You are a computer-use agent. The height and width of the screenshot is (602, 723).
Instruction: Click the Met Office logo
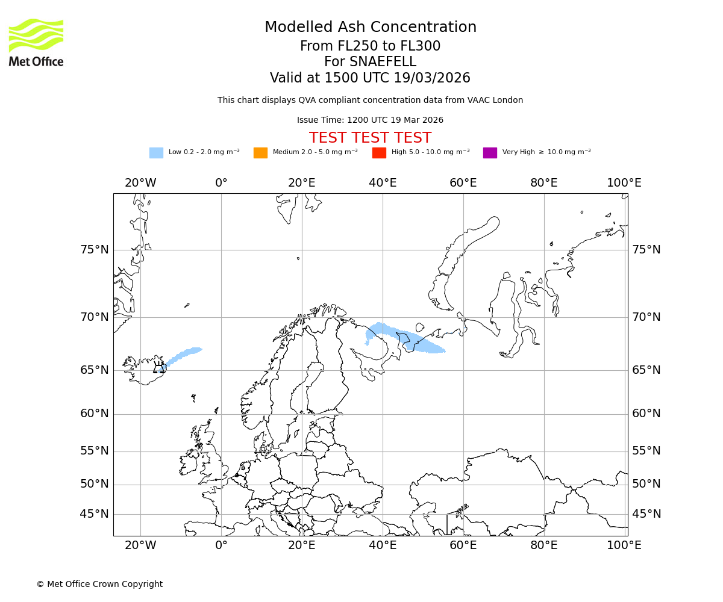tap(36, 42)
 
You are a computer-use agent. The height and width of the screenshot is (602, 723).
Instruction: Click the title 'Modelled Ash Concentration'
tap(370, 28)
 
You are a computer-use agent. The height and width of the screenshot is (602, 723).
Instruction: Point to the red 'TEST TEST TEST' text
tap(370, 138)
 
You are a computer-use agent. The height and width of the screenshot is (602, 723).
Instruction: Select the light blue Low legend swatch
tap(156, 153)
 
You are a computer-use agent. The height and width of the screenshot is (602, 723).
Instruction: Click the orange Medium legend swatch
tap(260, 153)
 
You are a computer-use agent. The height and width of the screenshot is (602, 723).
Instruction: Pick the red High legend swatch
tap(379, 153)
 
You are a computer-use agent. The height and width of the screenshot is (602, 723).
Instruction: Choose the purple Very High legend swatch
tap(490, 153)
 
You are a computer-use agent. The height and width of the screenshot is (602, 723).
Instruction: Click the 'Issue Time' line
tap(370, 120)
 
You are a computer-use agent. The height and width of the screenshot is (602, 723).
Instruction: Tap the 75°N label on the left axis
tap(95, 250)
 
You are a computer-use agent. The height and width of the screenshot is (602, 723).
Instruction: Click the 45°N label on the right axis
tap(646, 514)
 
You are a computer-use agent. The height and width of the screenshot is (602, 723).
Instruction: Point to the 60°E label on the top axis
tap(463, 183)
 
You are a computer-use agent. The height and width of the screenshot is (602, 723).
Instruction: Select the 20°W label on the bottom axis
tap(140, 545)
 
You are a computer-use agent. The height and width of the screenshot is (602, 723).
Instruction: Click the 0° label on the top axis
tap(221, 183)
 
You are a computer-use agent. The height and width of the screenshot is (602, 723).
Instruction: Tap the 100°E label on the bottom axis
tap(624, 545)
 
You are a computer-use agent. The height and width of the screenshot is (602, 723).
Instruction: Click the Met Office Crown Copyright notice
tap(99, 584)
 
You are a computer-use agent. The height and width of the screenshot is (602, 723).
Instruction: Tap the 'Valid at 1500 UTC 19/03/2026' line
tap(370, 78)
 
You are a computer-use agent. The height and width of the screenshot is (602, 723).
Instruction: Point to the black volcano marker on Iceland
tap(159, 368)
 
